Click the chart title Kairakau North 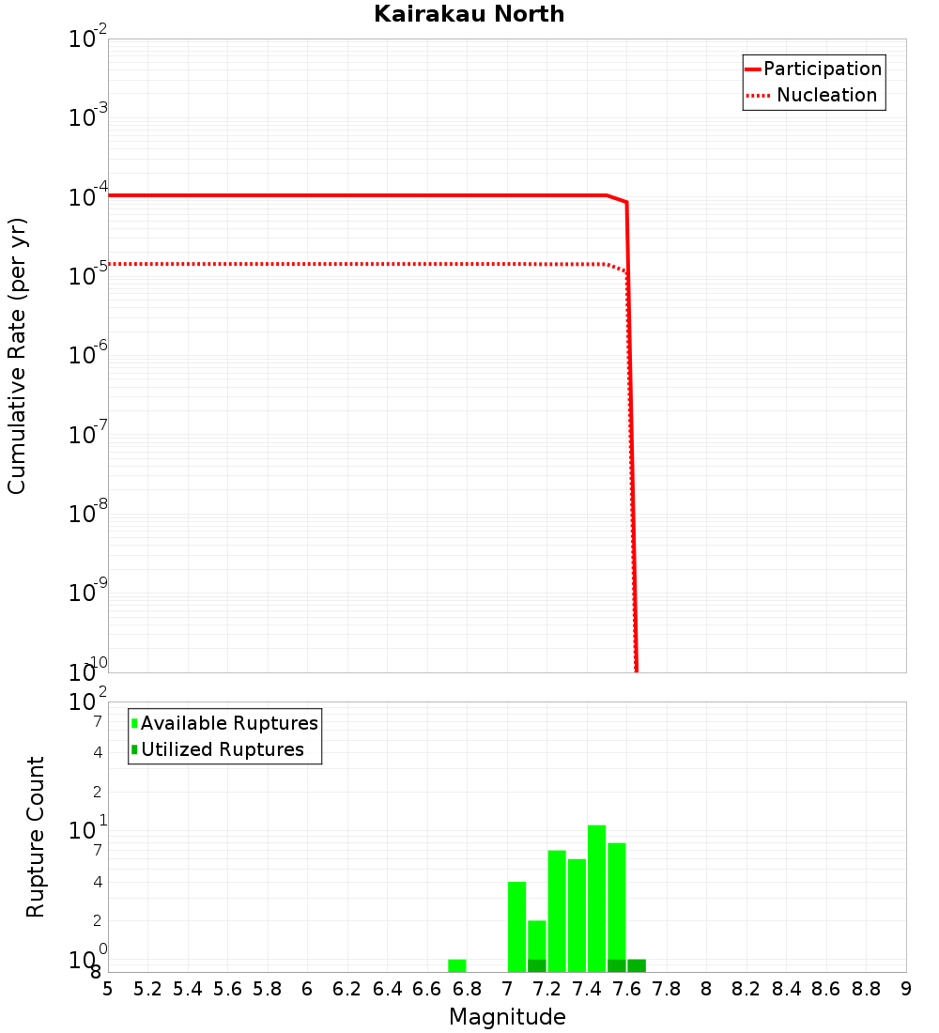pos(469,14)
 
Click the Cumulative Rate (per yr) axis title pos(17,355)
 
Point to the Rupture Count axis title pos(36,837)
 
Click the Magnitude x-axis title pos(507,1017)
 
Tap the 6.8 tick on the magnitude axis pos(467,989)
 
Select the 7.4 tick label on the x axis pos(587,989)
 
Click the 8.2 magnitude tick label pos(747,989)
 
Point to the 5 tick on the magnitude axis pos(108,989)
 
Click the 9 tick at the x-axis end pos(906,989)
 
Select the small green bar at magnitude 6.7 pos(457,965)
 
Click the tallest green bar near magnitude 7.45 pos(596,898)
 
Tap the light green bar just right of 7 pos(516,926)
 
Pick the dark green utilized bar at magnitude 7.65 pos(637,965)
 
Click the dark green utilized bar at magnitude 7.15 pos(537,965)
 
